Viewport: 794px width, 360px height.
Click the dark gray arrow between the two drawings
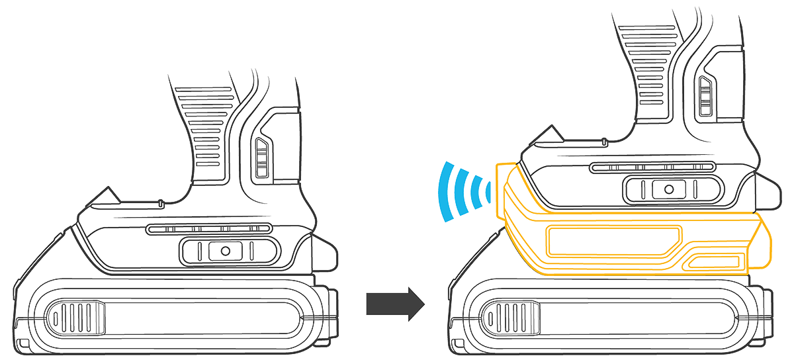point(395,303)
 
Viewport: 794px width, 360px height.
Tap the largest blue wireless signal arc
point(445,192)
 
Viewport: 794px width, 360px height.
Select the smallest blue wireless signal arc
point(488,192)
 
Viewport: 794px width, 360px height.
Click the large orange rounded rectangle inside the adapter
point(612,240)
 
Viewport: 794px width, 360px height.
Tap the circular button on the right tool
point(668,189)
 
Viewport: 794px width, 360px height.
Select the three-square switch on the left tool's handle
point(263,159)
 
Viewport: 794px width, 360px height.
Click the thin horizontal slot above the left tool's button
point(208,229)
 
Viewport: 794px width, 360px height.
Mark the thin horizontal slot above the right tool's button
point(652,167)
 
